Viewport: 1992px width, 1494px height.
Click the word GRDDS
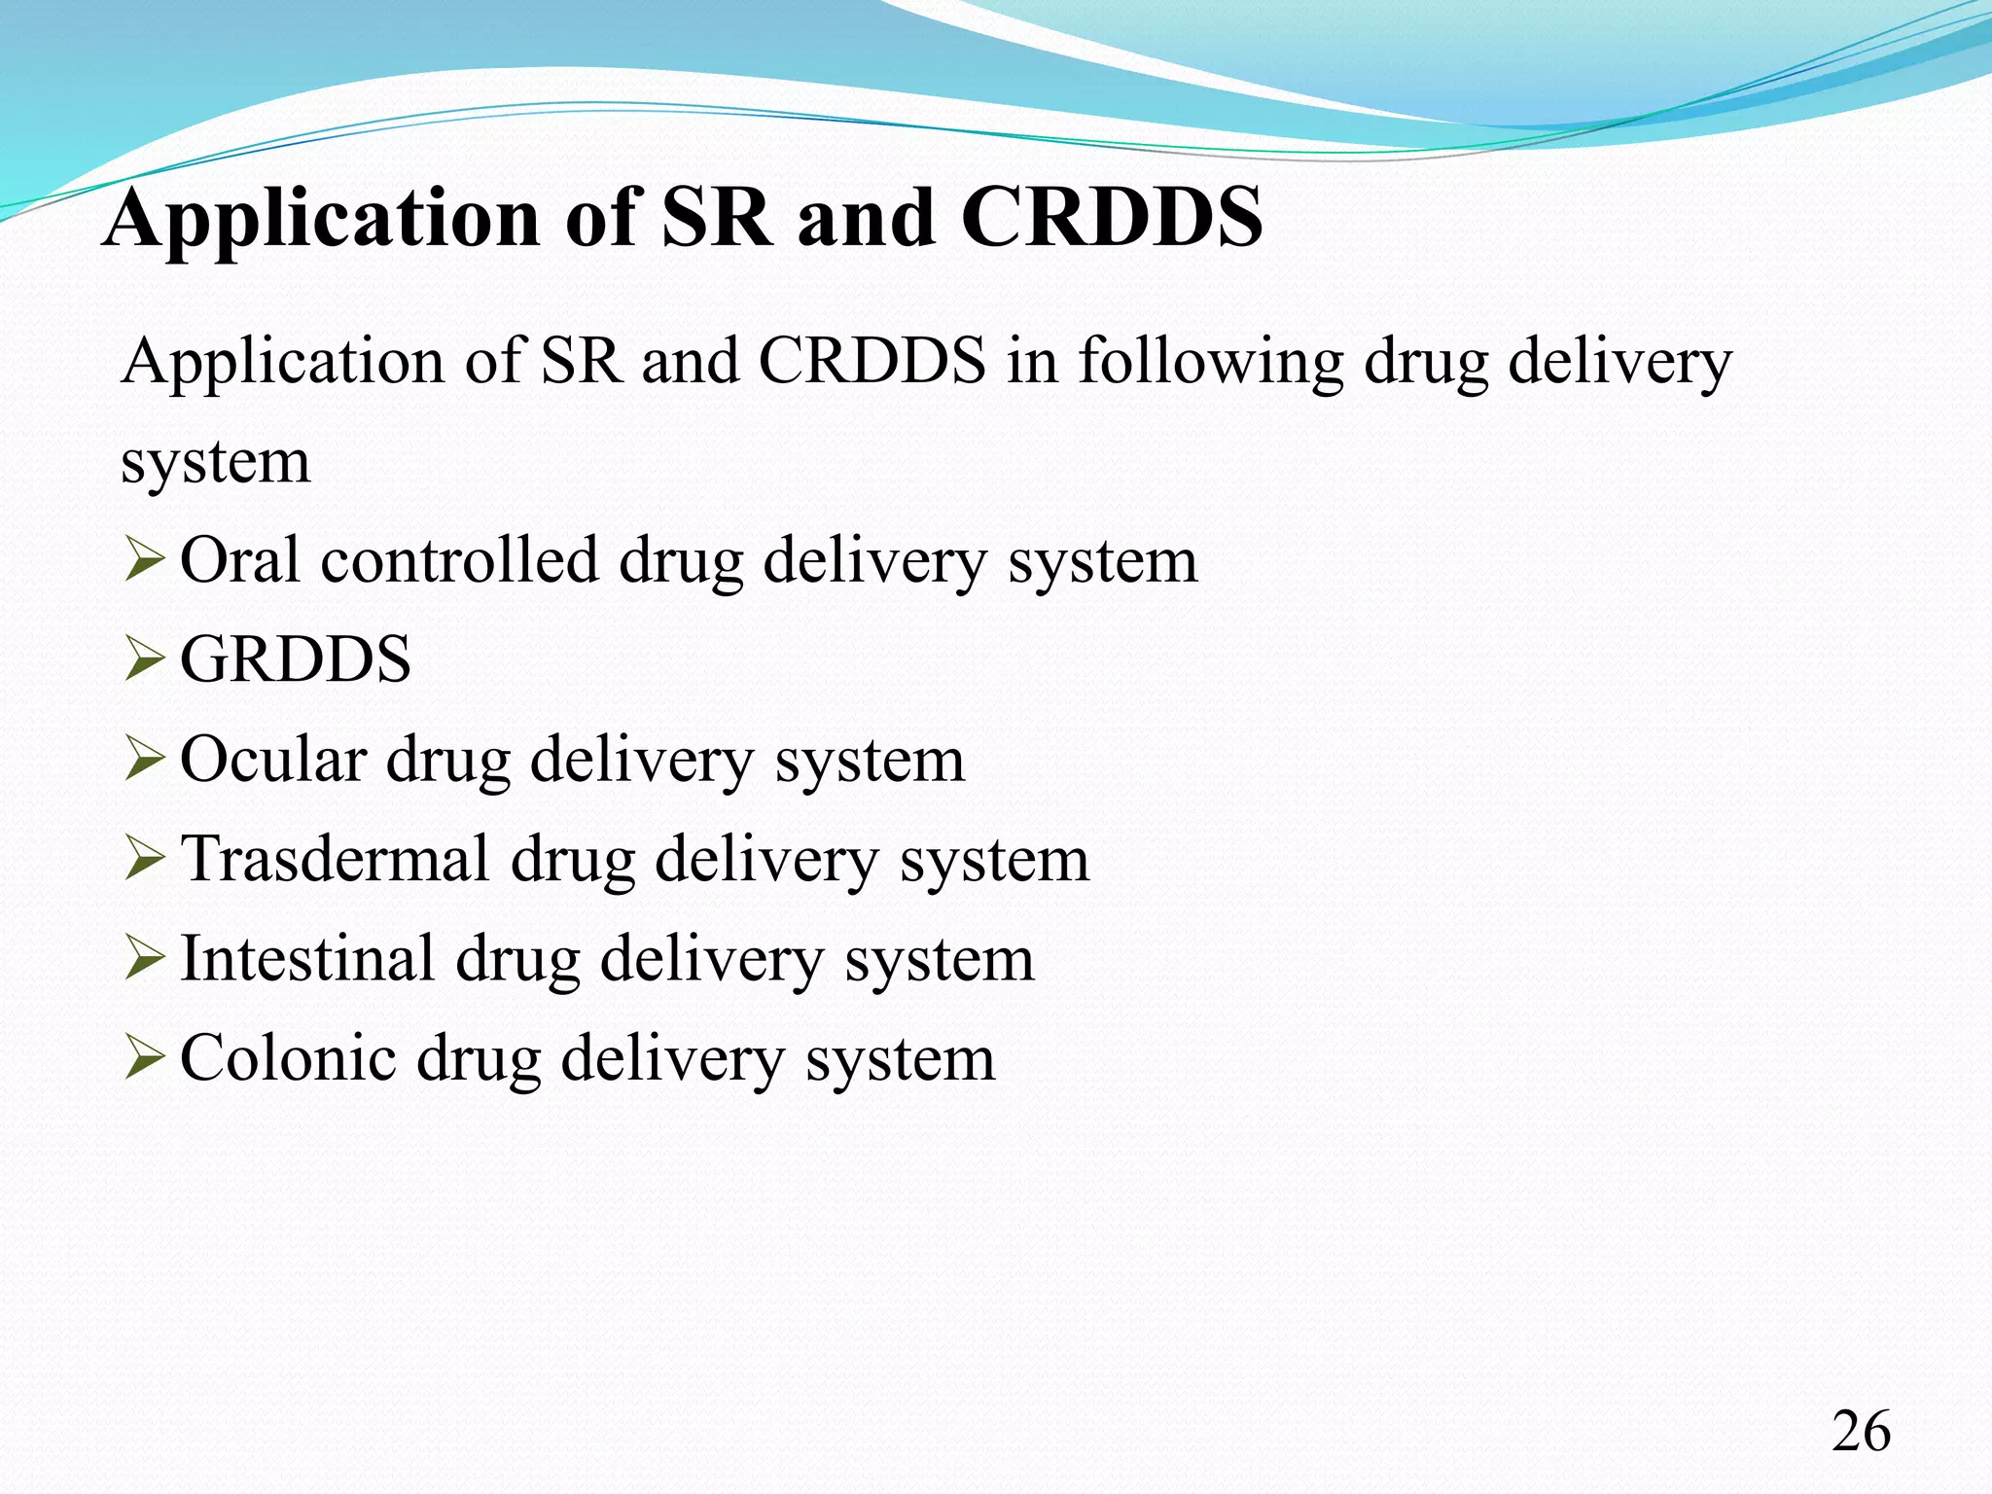point(296,659)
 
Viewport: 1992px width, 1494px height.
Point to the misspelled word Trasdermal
point(336,859)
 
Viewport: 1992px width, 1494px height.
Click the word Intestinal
point(307,959)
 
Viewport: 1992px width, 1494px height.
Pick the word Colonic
point(288,1058)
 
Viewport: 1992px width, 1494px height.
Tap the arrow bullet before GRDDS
point(144,660)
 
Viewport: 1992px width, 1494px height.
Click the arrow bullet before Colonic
point(144,1059)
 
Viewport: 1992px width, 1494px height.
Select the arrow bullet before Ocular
point(144,761)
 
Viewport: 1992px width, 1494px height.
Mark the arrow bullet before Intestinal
point(144,960)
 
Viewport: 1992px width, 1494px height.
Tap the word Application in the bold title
point(322,219)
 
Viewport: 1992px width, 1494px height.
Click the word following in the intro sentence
point(1211,362)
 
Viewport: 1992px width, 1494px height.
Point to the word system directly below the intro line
point(216,461)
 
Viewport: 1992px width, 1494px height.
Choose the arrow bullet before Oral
point(144,561)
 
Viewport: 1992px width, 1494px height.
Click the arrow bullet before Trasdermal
point(144,860)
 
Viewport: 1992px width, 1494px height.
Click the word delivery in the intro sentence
point(1620,362)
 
